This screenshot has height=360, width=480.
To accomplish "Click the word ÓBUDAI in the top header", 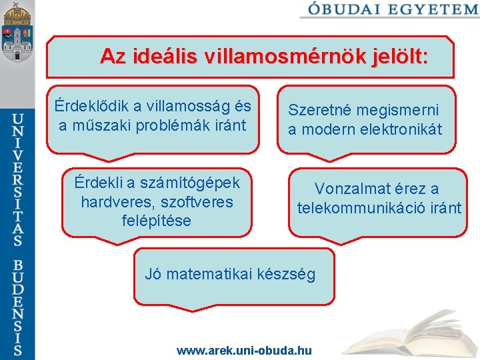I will click(345, 9).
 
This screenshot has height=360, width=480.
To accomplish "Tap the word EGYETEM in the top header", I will click(433, 9).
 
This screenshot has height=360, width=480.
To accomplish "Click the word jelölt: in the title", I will click(395, 57).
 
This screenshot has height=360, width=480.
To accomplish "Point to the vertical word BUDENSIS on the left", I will click(18, 303).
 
